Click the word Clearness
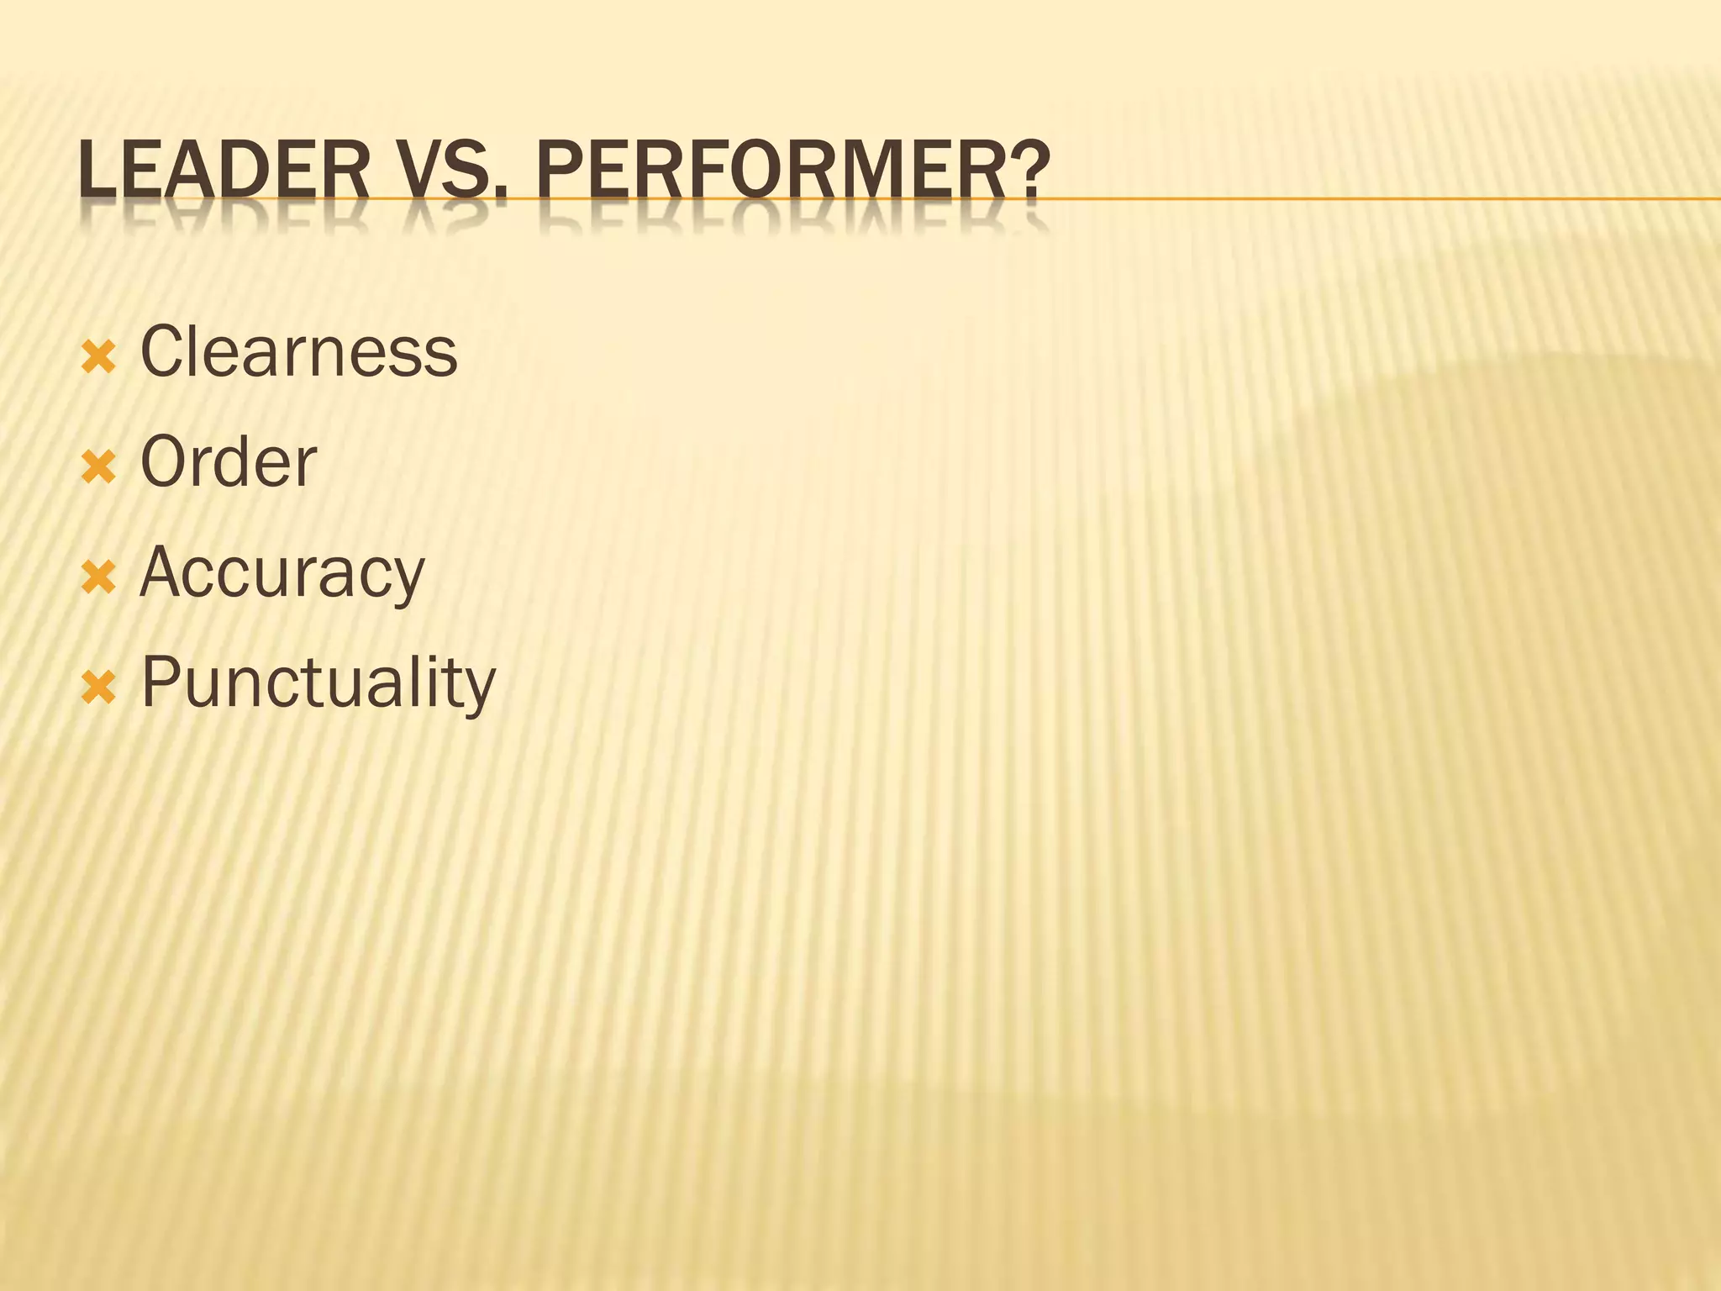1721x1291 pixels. [298, 351]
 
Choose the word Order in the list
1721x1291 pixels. [228, 461]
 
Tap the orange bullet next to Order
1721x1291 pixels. [98, 469]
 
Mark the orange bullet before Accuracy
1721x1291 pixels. [98, 579]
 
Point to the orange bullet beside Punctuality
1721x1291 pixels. [98, 689]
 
